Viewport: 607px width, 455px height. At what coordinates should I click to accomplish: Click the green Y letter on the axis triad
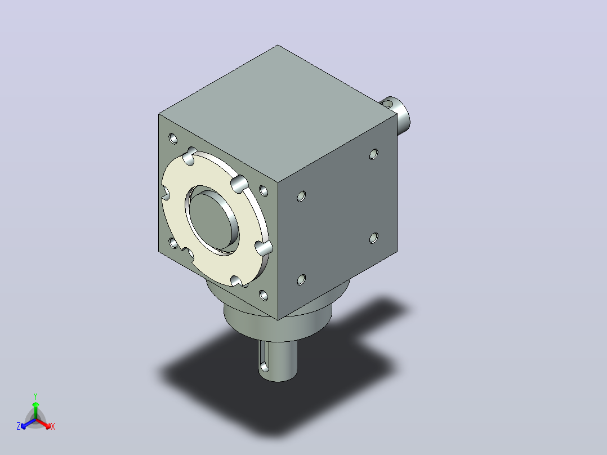click(35, 396)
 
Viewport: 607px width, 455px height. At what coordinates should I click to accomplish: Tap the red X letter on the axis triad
click(53, 426)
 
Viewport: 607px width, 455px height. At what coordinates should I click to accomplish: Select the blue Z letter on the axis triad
click(19, 426)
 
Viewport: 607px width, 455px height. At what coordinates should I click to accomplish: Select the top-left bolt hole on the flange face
click(173, 138)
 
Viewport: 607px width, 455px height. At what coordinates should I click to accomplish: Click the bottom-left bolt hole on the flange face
click(173, 243)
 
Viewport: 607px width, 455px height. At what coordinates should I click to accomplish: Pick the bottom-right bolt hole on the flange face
click(264, 296)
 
